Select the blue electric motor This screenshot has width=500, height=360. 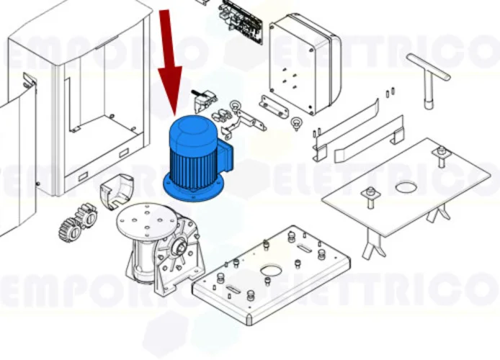coord(198,158)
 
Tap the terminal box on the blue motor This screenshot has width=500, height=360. coord(227,157)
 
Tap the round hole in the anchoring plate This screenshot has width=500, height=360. coord(406,186)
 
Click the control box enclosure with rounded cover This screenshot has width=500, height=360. coord(305,63)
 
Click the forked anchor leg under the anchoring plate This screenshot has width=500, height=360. coord(373,243)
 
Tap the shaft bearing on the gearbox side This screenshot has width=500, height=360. coord(178,246)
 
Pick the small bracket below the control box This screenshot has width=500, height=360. coord(274,107)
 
